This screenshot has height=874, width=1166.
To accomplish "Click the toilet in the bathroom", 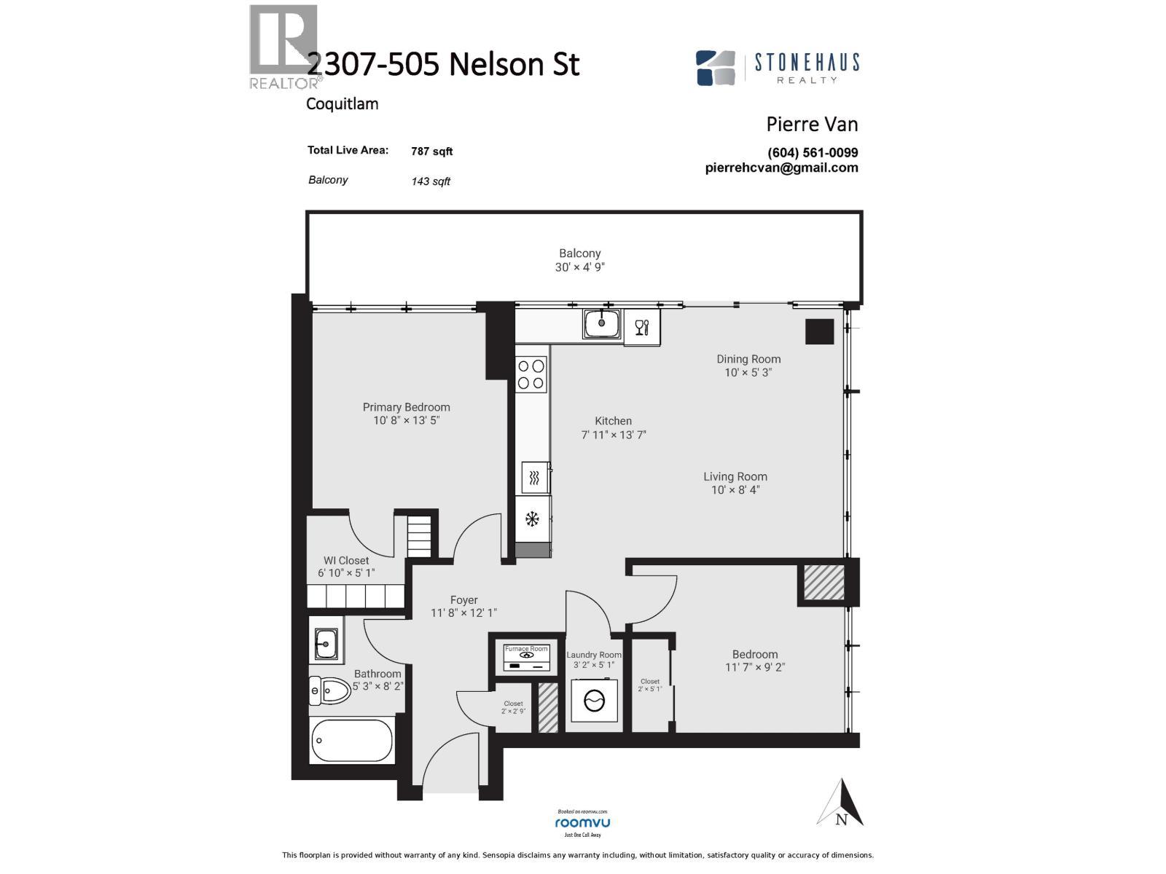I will (330, 689).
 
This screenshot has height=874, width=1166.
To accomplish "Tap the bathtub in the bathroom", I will (352, 740).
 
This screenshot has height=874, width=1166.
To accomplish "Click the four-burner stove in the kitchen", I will (531, 374).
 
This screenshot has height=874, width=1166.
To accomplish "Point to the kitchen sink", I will (601, 323).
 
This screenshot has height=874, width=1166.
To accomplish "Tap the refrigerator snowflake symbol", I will (533, 519).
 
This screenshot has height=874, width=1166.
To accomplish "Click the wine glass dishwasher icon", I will (641, 327).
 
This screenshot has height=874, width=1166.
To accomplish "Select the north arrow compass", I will (841, 803).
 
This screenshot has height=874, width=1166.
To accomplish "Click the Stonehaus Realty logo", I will (778, 68).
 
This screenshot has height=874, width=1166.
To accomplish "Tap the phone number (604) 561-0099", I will (813, 153).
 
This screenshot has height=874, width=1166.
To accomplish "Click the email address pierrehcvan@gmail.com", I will (781, 168).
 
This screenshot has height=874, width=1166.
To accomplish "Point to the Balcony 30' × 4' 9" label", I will (580, 260).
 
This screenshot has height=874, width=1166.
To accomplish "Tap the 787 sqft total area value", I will (431, 151).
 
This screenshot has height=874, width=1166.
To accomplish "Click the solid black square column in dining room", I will (819, 331).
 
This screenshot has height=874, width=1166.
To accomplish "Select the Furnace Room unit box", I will (526, 655).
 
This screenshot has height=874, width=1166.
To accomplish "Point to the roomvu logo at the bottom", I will (582, 822).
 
